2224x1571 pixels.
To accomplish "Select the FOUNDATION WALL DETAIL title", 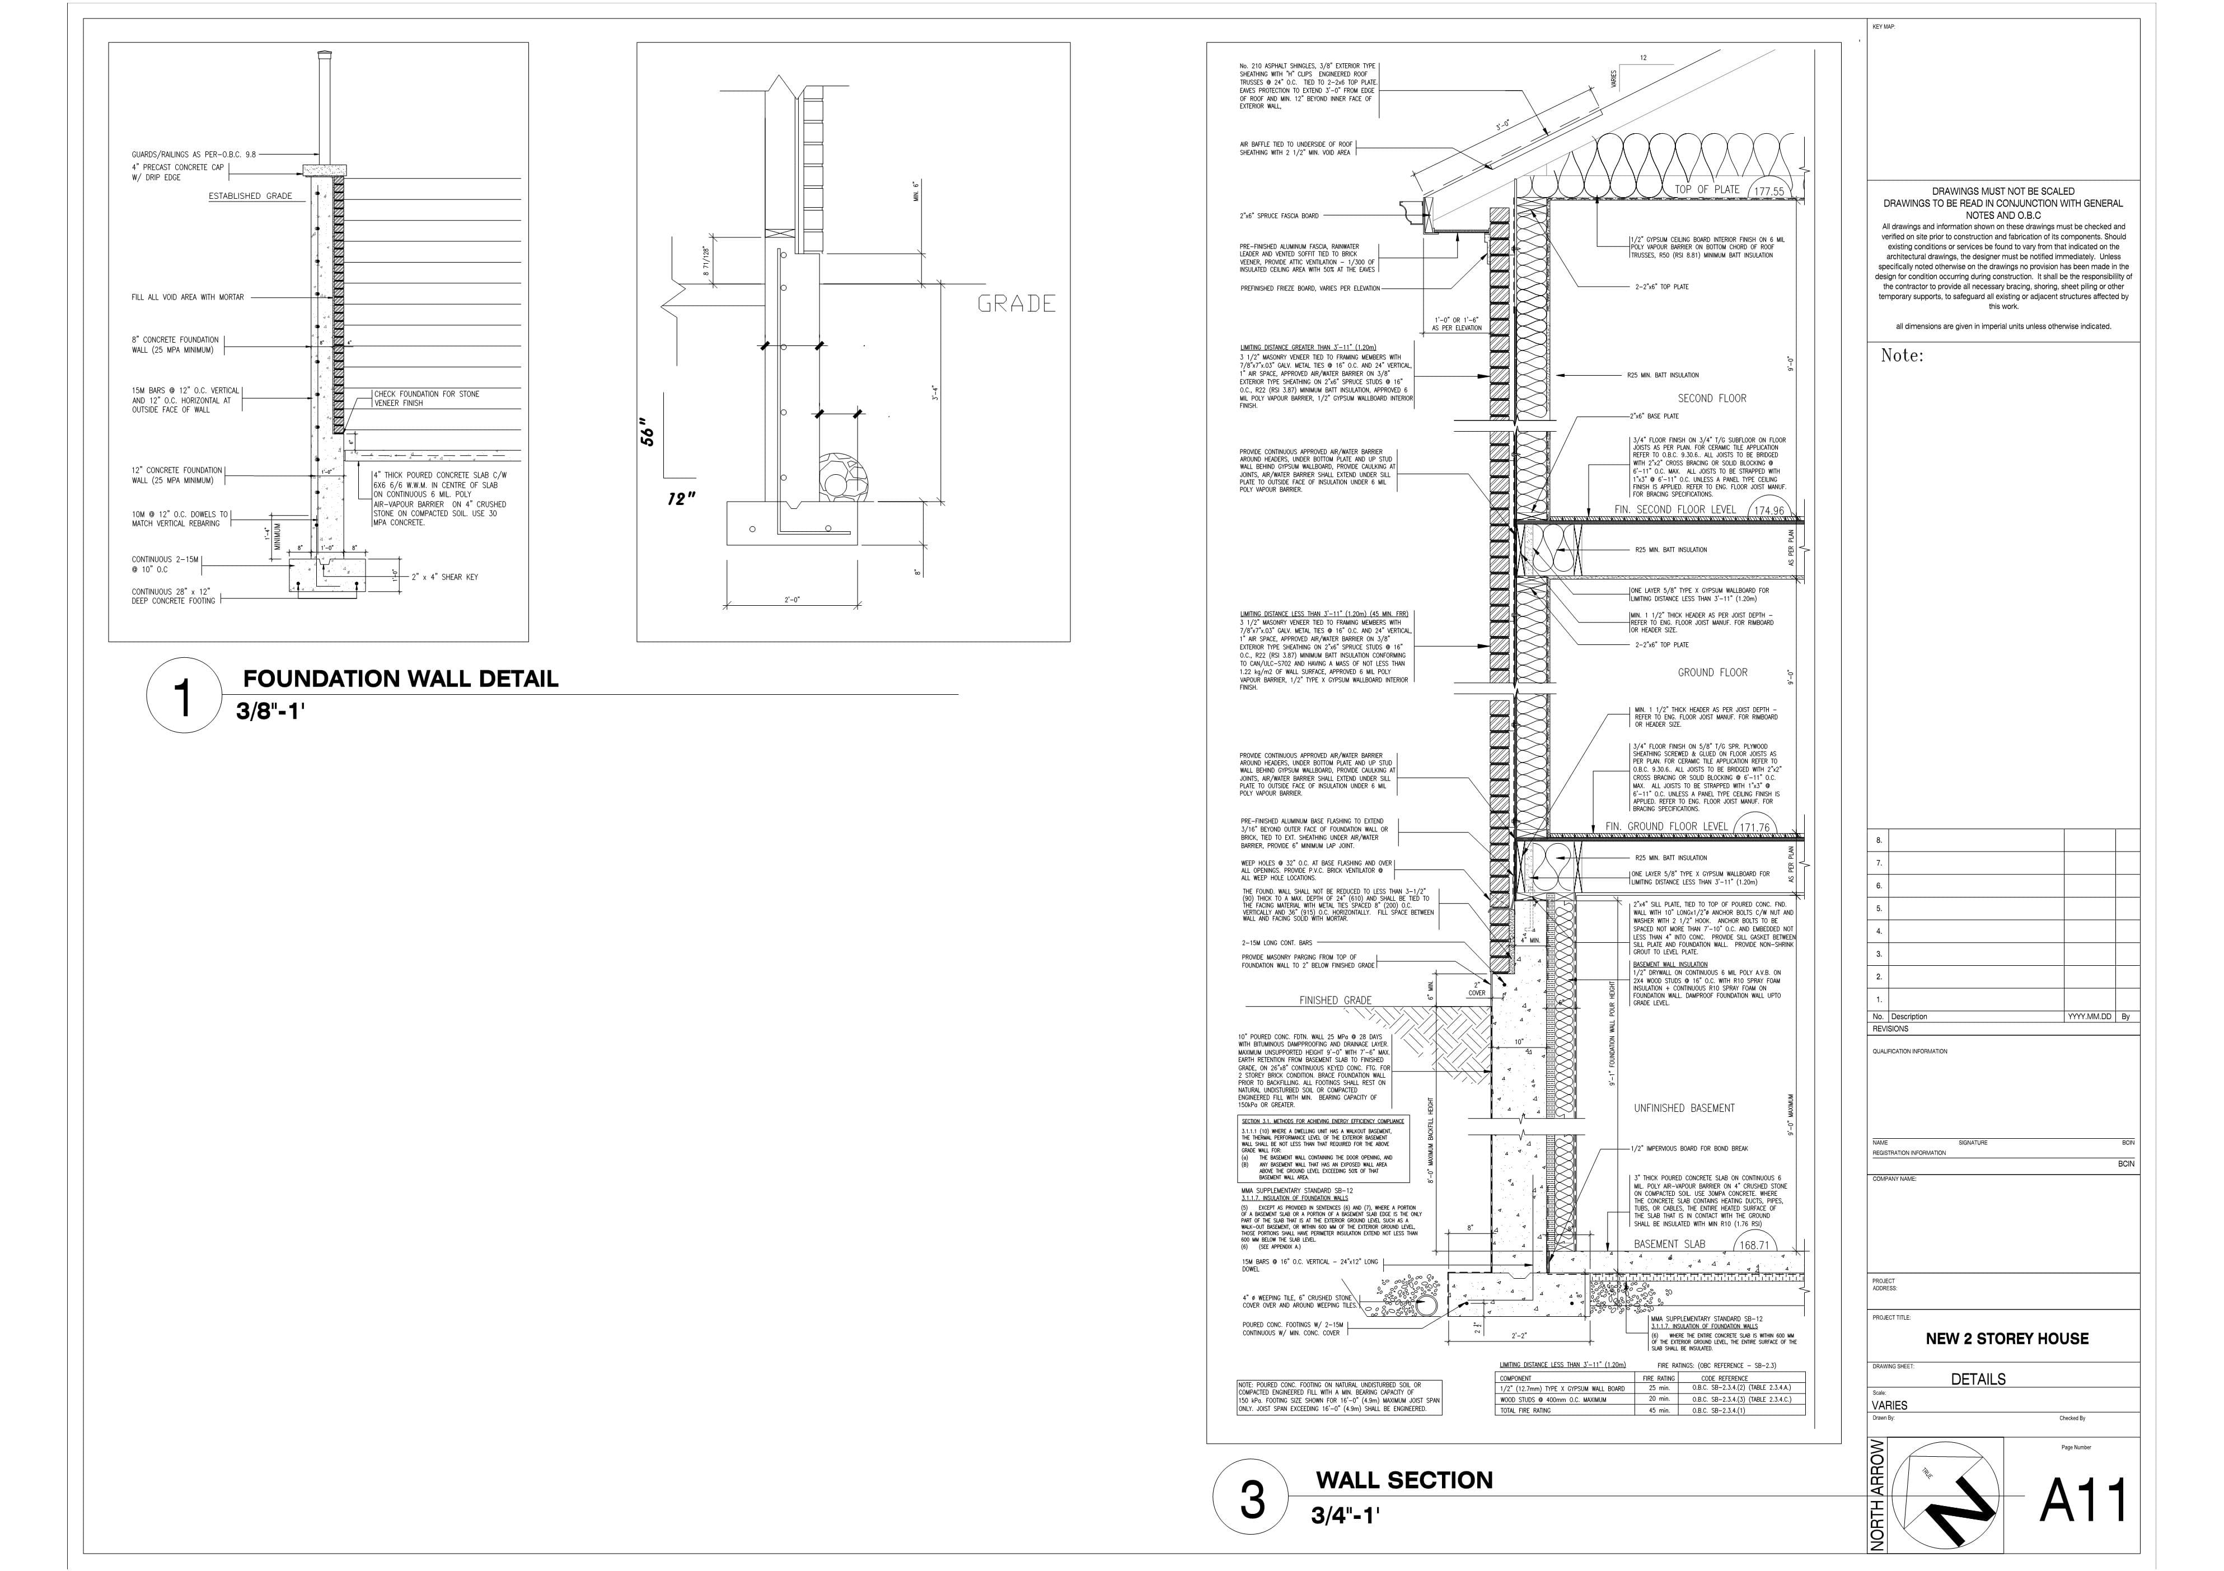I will point(400,679).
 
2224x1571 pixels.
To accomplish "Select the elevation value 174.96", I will point(1769,511).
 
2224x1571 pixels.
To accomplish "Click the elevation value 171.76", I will point(1754,828).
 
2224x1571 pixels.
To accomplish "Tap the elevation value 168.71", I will point(1754,1246).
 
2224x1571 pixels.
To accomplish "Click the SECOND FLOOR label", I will point(1712,398).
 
